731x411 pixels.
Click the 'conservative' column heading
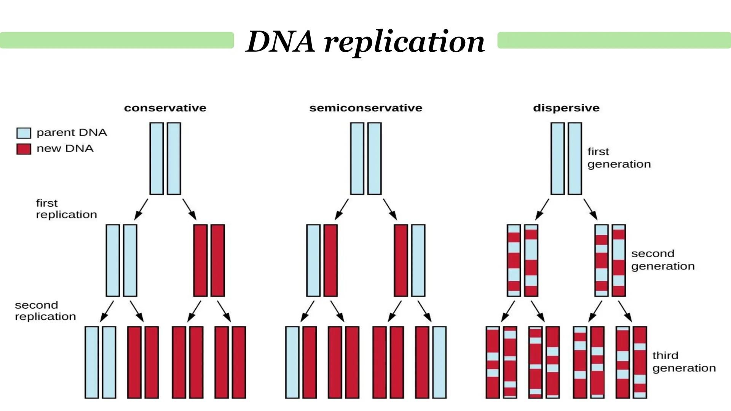(x=165, y=108)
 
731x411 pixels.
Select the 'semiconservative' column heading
(x=365, y=108)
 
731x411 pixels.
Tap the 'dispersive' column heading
(x=566, y=108)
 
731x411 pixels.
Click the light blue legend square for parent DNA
(x=24, y=133)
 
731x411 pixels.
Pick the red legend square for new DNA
(x=24, y=149)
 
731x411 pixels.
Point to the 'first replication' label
(x=66, y=209)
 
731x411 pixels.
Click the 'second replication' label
(x=45, y=311)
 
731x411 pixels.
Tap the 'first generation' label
(x=619, y=158)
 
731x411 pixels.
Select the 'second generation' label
(x=662, y=260)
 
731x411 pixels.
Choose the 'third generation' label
(x=684, y=362)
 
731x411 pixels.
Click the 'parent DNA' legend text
(x=72, y=133)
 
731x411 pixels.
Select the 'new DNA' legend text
(x=65, y=149)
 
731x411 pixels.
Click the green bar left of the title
(x=117, y=40)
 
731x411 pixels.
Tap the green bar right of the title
(x=614, y=40)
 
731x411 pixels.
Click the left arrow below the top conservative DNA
(x=141, y=209)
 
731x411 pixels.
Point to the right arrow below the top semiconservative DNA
(x=390, y=209)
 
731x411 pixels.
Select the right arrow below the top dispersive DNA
(x=591, y=209)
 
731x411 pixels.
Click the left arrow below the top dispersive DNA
(x=542, y=209)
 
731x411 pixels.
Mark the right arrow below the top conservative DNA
(x=190, y=209)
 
